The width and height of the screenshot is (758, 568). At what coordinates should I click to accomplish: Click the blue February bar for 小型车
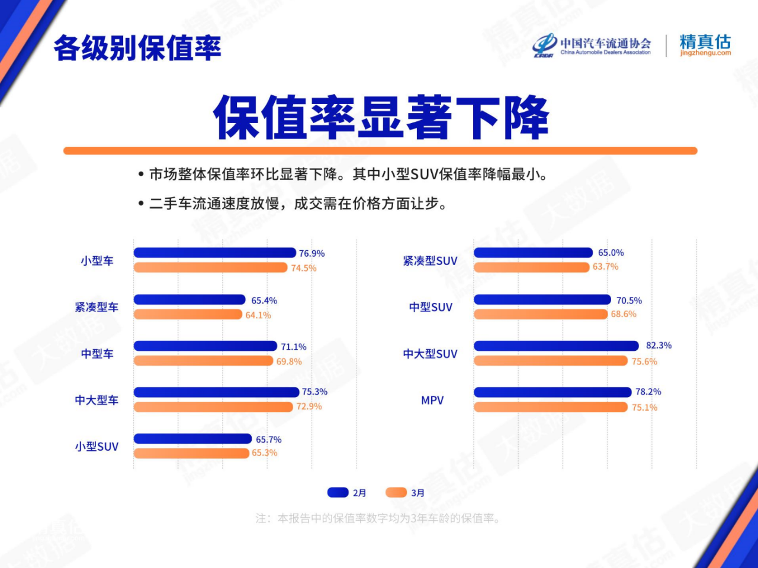215,253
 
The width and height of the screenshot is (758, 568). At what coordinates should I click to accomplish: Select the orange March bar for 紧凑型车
188,314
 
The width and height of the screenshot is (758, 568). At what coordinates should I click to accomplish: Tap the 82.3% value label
659,345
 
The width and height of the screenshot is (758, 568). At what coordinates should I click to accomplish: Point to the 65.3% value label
265,453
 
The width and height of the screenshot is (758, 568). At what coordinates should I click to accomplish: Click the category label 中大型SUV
431,354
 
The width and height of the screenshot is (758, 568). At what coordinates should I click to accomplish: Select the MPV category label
432,400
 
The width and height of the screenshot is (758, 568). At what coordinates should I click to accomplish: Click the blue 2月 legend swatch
338,492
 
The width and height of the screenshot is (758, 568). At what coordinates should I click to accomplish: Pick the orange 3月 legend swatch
396,492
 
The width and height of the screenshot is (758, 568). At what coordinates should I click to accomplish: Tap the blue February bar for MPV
553,392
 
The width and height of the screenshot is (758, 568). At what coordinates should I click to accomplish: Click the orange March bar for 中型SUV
541,314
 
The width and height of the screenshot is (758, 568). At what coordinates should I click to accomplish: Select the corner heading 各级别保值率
137,48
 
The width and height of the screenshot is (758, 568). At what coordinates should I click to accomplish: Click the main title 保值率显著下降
381,117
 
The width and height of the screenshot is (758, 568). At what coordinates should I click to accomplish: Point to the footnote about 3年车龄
378,518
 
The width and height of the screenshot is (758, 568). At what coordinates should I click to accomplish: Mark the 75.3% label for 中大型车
314,392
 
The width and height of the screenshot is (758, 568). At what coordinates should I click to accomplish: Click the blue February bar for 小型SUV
192,438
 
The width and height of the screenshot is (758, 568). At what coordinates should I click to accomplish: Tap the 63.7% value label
605,267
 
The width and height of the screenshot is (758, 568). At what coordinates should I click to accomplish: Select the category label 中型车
97,354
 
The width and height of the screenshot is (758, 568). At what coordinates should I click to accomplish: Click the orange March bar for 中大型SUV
551,361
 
